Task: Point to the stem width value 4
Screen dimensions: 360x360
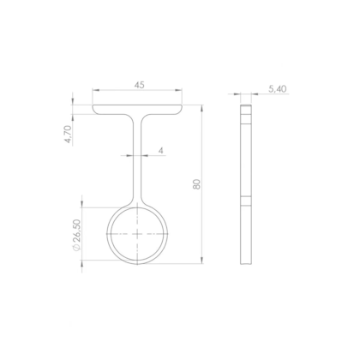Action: tap(160, 150)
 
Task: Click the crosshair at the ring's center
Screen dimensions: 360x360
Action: tap(137, 232)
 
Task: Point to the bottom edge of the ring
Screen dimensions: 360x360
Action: tap(137, 263)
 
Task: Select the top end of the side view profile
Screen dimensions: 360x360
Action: tap(246, 107)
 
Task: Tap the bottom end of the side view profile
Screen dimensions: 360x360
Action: tap(246, 262)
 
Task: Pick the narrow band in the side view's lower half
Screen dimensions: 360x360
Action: tap(246, 203)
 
